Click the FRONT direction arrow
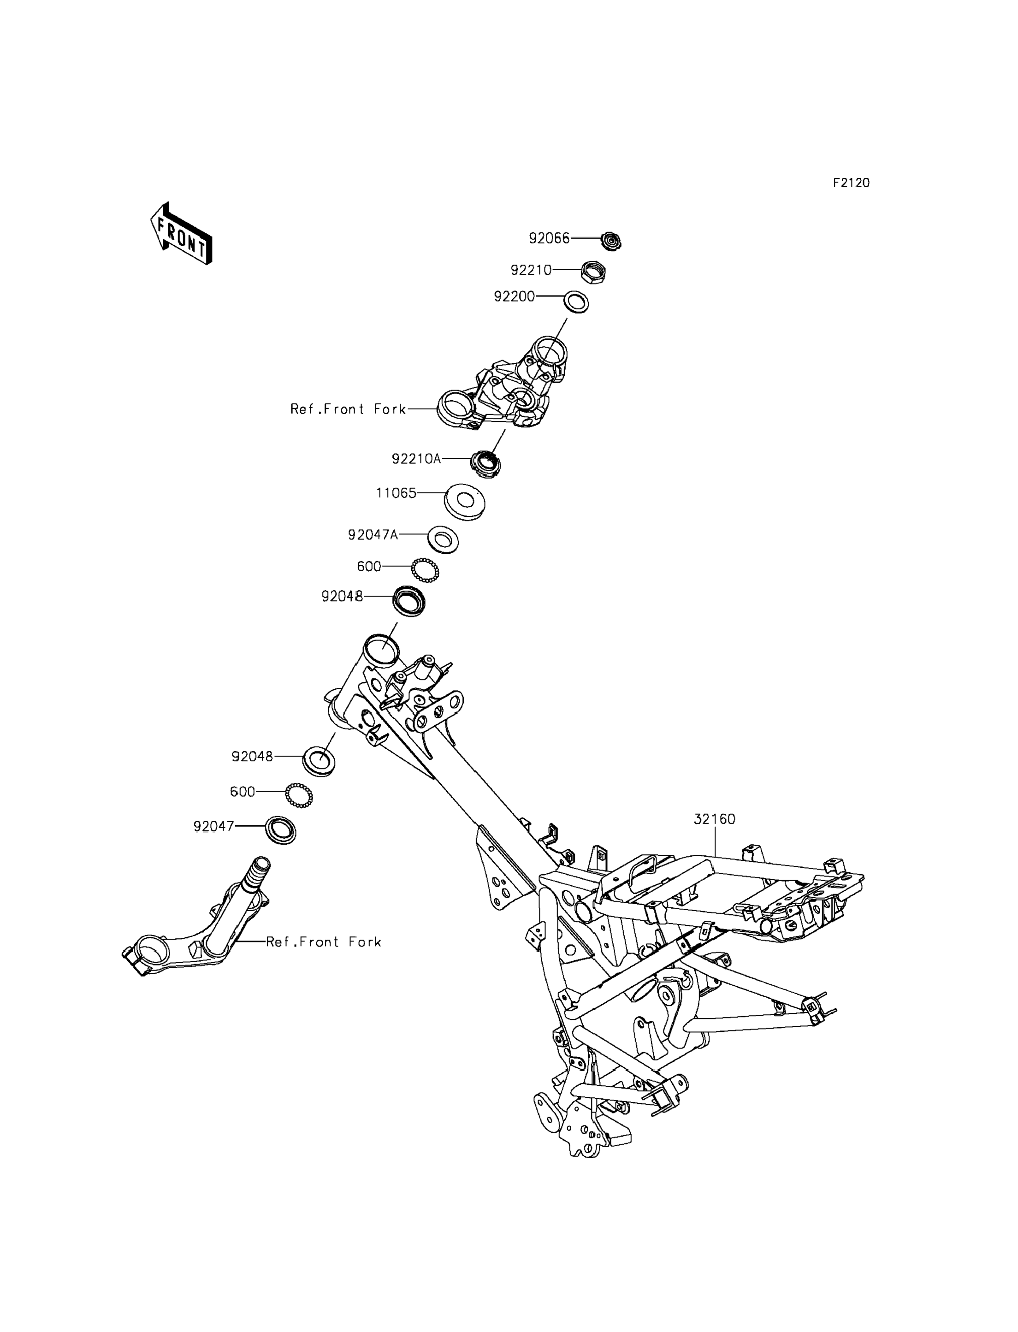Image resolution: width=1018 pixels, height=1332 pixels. pos(181,234)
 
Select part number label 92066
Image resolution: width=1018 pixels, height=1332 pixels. pos(550,238)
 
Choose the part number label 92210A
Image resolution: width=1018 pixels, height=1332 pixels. pos(416,459)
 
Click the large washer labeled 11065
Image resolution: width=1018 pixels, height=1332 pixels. pos(465,501)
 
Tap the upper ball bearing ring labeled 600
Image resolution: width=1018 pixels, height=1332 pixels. pos(425,570)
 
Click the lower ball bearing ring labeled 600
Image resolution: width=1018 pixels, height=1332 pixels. pos(299,795)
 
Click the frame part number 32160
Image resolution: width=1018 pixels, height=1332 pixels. pos(715,819)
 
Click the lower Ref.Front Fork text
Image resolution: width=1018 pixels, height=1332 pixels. pos(324,942)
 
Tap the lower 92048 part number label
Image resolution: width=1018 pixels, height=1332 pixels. pos(252,756)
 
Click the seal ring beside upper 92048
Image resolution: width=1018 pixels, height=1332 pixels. pos(409,601)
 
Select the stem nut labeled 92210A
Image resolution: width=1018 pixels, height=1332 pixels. pos(486,465)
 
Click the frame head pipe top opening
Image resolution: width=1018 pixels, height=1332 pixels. pos(381,650)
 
